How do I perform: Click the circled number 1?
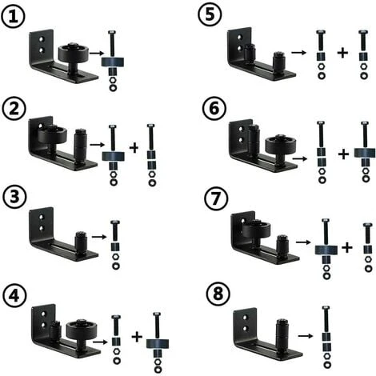(14, 16)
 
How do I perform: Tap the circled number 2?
(14, 109)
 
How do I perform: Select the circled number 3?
(14, 198)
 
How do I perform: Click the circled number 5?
(209, 16)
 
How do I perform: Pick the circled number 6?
(209, 109)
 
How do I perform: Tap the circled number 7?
(210, 198)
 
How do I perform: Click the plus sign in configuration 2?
(133, 148)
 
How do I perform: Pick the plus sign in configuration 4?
(137, 338)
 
